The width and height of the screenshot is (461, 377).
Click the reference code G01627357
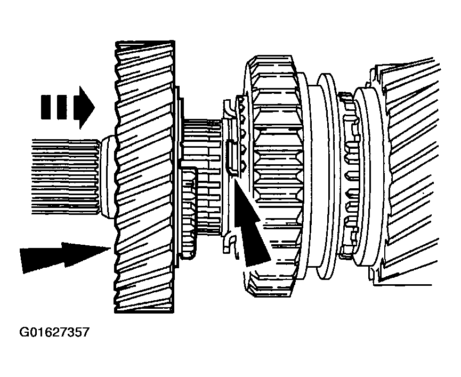[54, 332]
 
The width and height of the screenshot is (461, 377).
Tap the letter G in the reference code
[24, 332]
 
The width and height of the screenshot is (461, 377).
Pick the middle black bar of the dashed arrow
[61, 107]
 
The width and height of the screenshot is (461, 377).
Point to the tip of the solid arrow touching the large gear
[110, 248]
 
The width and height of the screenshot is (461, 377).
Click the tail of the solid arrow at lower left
[21, 261]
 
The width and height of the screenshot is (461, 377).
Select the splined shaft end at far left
[65, 177]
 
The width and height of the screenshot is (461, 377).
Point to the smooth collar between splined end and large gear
[107, 177]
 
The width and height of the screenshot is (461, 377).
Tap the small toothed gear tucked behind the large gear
[188, 212]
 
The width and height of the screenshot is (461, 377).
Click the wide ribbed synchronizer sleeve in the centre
[275, 176]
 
